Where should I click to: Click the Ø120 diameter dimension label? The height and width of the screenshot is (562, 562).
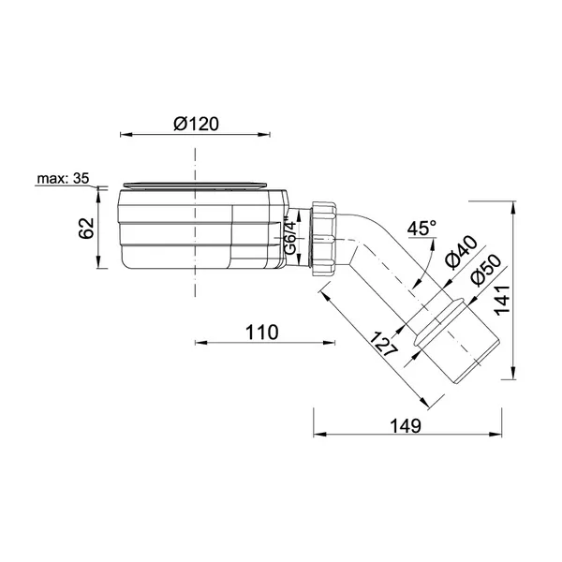coord(196,124)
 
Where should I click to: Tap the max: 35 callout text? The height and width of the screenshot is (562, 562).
coord(63,178)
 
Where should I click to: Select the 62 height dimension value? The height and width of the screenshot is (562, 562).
coord(86,228)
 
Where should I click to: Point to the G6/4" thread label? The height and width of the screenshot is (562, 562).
coord(290,237)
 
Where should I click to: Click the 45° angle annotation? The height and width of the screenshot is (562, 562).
coord(421,228)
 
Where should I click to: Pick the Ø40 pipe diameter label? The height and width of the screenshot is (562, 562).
coord(461,252)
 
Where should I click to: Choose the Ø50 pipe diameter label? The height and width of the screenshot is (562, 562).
coord(486,271)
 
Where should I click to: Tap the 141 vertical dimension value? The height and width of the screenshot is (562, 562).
coord(502,301)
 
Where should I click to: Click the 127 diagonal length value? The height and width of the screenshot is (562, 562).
coord(383,344)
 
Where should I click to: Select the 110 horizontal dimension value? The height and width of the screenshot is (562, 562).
coord(261,333)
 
